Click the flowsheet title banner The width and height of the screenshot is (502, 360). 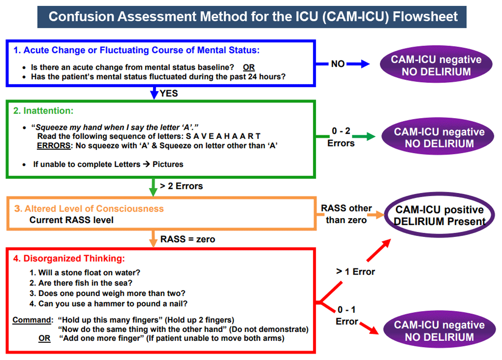(252, 17)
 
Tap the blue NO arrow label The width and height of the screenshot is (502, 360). (338, 64)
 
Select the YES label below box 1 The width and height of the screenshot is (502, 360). (169, 93)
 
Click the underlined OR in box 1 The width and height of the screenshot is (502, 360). (249, 67)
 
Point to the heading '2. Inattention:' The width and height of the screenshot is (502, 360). (43, 111)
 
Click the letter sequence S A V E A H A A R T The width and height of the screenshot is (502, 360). (223, 136)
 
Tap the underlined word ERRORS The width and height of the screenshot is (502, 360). (54, 146)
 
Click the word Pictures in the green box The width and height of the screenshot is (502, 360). (168, 165)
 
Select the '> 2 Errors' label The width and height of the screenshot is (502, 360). (181, 186)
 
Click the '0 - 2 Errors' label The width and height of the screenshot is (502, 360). (341, 137)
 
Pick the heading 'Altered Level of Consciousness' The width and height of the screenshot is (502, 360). (94, 208)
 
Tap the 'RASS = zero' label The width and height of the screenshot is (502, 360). (188, 239)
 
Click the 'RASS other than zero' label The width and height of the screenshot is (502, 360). (346, 214)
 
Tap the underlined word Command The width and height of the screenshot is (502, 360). (32, 320)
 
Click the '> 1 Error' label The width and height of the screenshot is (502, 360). (356, 272)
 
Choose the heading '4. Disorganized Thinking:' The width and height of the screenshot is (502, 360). (69, 258)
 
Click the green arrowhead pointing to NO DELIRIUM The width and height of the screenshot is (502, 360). (371, 136)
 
